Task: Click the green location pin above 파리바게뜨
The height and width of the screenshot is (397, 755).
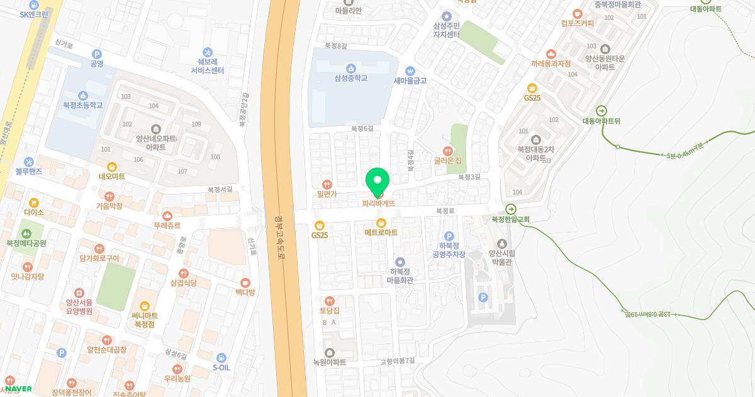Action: [377, 181]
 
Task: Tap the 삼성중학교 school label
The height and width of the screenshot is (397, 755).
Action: [350, 78]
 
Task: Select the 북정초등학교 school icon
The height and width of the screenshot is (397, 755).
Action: [83, 95]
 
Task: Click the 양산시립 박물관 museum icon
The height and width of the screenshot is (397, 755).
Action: [501, 243]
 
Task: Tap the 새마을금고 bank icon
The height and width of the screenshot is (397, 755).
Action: [410, 70]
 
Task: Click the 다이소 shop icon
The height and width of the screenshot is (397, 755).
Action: [33, 203]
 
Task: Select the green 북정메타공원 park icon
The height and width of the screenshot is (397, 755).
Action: [26, 233]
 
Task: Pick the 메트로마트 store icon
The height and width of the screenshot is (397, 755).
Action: [381, 222]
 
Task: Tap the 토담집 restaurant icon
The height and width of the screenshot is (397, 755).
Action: [329, 301]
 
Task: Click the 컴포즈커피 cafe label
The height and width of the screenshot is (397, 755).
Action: [578, 23]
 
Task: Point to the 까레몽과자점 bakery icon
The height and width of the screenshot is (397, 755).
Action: [551, 54]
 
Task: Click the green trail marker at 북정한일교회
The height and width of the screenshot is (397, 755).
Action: [510, 209]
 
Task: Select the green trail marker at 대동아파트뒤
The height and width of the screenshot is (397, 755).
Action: [601, 111]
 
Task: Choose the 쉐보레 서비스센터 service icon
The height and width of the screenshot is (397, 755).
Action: [208, 52]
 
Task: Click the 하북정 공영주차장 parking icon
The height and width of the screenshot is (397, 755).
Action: [449, 236]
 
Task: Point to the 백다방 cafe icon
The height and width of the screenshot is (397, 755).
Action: [245, 283]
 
